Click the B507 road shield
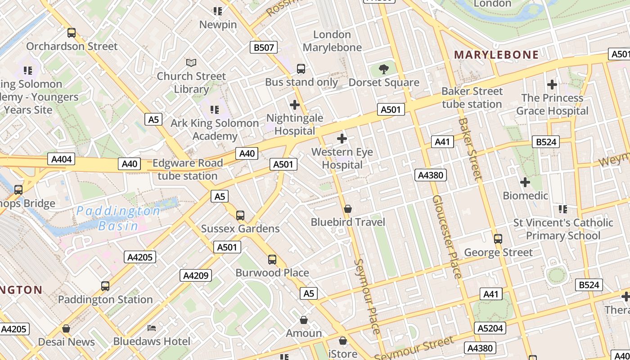[264, 48]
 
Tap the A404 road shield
[60, 159]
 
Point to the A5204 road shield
[490, 328]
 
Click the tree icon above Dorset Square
[384, 69]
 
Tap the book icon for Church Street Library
[191, 63]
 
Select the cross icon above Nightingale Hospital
[295, 105]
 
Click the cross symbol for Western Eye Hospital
[342, 139]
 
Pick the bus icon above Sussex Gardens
[240, 215]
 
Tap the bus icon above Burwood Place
[272, 260]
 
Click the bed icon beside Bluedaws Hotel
[152, 327]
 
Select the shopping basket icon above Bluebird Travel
[347, 209]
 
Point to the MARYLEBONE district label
[496, 55]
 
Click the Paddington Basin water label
[118, 218]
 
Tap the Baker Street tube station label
[472, 98]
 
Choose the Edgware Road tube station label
[188, 169]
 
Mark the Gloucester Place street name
[447, 236]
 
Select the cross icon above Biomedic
[525, 182]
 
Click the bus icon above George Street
[498, 238]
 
